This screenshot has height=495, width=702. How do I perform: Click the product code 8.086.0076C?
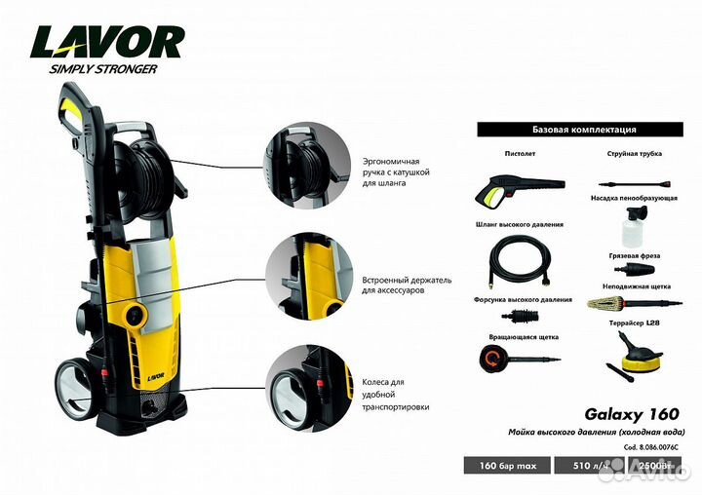(651, 447)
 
